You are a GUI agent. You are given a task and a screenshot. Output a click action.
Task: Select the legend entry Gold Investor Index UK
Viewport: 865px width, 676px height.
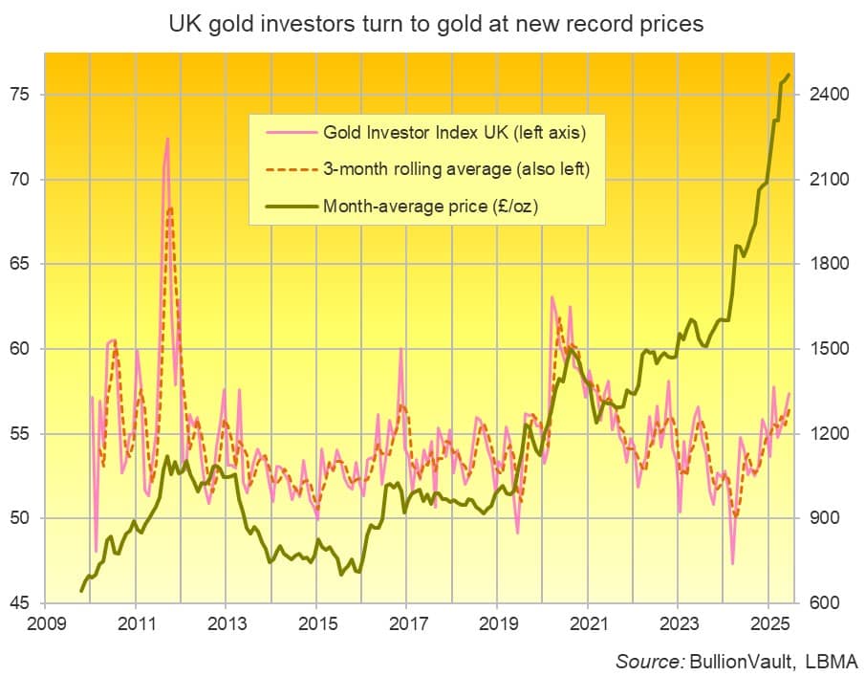(454, 131)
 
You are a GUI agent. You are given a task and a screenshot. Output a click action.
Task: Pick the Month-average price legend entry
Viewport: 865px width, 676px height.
(434, 205)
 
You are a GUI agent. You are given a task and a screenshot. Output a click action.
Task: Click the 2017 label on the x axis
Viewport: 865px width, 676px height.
(406, 623)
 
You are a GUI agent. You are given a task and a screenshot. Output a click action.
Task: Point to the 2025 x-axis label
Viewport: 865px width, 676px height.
(768, 623)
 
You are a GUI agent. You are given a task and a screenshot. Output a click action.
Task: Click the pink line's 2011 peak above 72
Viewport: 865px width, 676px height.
(167, 139)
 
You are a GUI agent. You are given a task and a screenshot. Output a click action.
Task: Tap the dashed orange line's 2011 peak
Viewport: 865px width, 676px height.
(170, 207)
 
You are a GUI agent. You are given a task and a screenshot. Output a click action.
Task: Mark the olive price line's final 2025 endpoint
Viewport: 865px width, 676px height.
(789, 75)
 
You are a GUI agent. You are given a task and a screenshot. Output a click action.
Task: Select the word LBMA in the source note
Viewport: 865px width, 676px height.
(832, 661)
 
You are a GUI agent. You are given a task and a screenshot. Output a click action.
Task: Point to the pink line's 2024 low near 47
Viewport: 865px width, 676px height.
(732, 564)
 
